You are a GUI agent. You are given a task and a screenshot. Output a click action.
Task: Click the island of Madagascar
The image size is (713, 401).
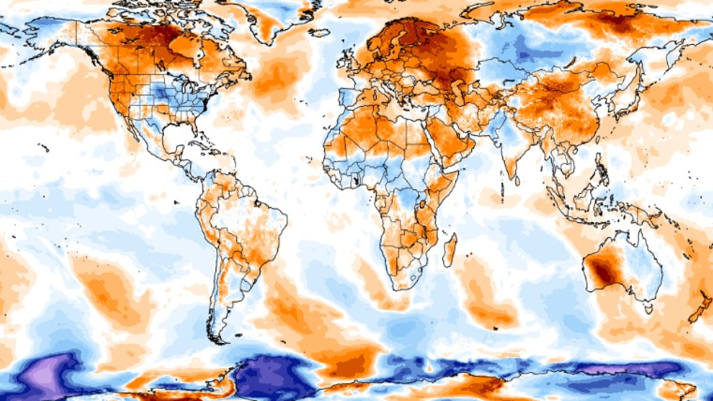tap(449, 250)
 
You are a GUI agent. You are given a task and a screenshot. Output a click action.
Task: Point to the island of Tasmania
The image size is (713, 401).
tap(649, 309)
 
